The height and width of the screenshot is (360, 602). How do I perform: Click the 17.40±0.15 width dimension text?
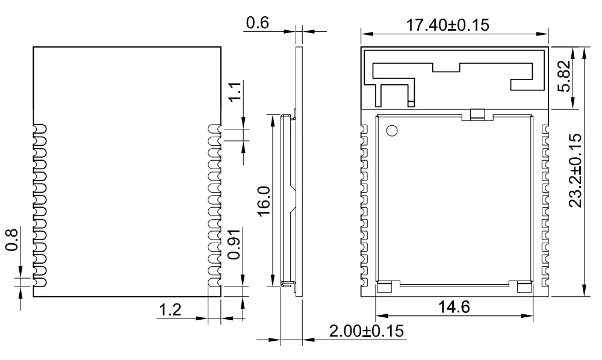(x=448, y=25)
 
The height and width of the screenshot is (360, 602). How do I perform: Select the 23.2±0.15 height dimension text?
(x=576, y=170)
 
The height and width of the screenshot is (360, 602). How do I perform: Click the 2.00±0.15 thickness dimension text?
(x=366, y=332)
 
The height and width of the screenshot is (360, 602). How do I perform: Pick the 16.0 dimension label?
(x=263, y=202)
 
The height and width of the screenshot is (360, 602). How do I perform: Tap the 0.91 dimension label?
(x=235, y=243)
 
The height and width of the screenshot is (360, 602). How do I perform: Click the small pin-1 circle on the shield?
(x=392, y=130)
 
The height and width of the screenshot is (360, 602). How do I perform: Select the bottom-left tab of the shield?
(x=385, y=286)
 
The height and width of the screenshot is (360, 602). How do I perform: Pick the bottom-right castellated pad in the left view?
(x=214, y=282)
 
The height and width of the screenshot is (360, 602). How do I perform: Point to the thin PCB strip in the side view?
(x=300, y=169)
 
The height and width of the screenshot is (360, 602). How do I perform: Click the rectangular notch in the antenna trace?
(x=445, y=67)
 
